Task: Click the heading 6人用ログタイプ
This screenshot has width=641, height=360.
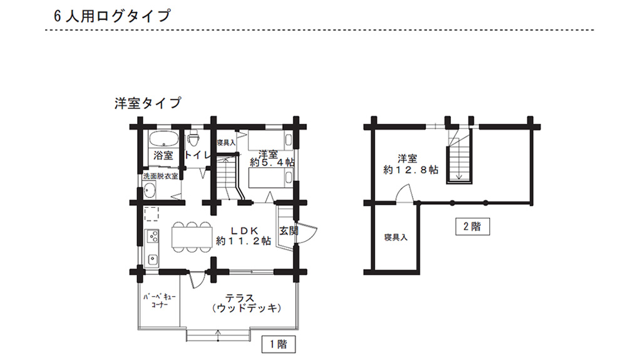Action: (112, 17)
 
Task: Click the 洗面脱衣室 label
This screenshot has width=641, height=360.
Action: (160, 177)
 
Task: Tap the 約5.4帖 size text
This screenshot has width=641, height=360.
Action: (272, 162)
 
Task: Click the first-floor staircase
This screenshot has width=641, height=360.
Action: (228, 177)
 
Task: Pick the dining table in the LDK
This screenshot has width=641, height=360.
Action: (192, 237)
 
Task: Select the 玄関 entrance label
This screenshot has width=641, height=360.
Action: (289, 230)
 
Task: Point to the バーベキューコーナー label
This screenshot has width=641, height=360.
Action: (159, 302)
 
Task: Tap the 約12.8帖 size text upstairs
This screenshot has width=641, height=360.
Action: (411, 170)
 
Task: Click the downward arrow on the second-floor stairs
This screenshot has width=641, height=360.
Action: (460, 175)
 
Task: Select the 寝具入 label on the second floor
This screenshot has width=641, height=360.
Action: (396, 238)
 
